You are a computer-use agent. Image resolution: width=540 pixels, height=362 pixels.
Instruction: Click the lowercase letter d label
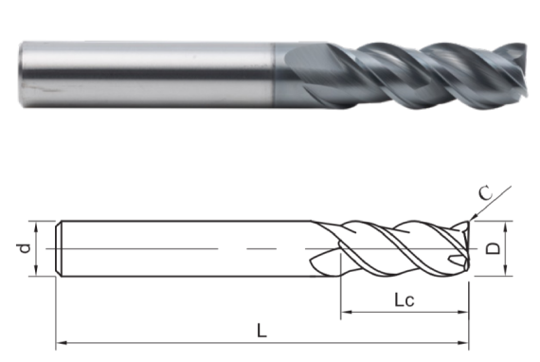pyautogui.click(x=26, y=248)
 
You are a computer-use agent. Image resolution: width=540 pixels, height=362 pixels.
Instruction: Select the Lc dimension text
pyautogui.click(x=406, y=299)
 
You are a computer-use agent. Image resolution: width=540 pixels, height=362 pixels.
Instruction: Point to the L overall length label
pyautogui.click(x=261, y=331)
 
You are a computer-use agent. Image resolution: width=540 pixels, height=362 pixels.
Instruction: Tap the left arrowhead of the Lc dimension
pyautogui.click(x=344, y=312)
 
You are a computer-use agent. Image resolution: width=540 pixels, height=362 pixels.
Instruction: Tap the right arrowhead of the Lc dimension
pyautogui.click(x=465, y=312)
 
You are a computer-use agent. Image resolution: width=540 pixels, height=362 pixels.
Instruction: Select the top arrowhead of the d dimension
pyautogui.click(x=35, y=225)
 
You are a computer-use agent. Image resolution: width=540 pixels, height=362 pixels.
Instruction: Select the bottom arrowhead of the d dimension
pyautogui.click(x=35, y=274)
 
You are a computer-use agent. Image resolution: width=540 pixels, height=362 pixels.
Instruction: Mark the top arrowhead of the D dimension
pyautogui.click(x=508, y=225)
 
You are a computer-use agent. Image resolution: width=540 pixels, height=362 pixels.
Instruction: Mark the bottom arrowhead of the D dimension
pyautogui.click(x=508, y=274)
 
